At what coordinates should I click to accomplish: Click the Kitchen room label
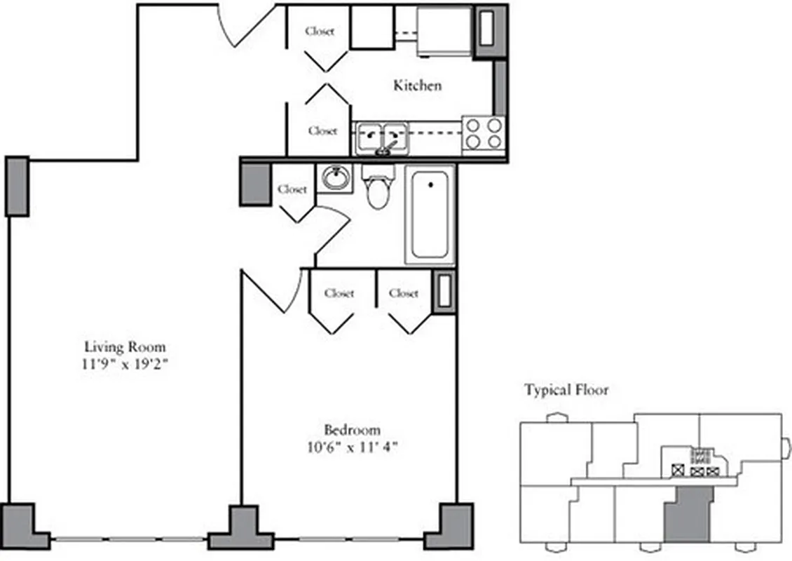coord(417,86)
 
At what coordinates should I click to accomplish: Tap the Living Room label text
coord(125,346)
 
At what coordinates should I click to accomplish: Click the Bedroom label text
coord(352,430)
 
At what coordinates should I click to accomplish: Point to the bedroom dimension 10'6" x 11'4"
coord(352,447)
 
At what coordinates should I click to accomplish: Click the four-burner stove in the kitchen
coord(484,133)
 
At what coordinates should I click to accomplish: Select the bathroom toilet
coord(377,188)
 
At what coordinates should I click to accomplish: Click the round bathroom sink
coord(336,177)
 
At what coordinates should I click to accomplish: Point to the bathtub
coord(429,214)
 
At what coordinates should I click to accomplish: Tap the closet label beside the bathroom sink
coord(292,189)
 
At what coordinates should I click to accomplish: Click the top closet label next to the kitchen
coord(320,32)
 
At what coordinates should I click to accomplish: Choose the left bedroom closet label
coord(339,293)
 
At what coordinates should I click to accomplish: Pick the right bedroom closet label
coord(404,293)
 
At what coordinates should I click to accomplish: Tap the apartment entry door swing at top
coord(245,25)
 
